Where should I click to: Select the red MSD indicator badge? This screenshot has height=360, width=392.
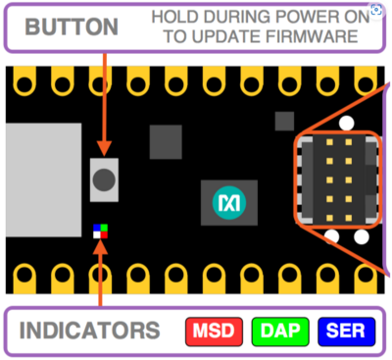tap(213, 331)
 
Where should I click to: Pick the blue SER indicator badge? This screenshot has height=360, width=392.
tap(348, 331)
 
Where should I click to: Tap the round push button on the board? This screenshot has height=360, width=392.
tap(103, 180)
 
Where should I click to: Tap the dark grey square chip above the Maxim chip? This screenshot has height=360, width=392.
tap(166, 142)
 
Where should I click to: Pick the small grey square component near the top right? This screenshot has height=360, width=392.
tap(284, 120)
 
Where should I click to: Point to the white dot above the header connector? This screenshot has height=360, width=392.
tap(345, 124)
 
